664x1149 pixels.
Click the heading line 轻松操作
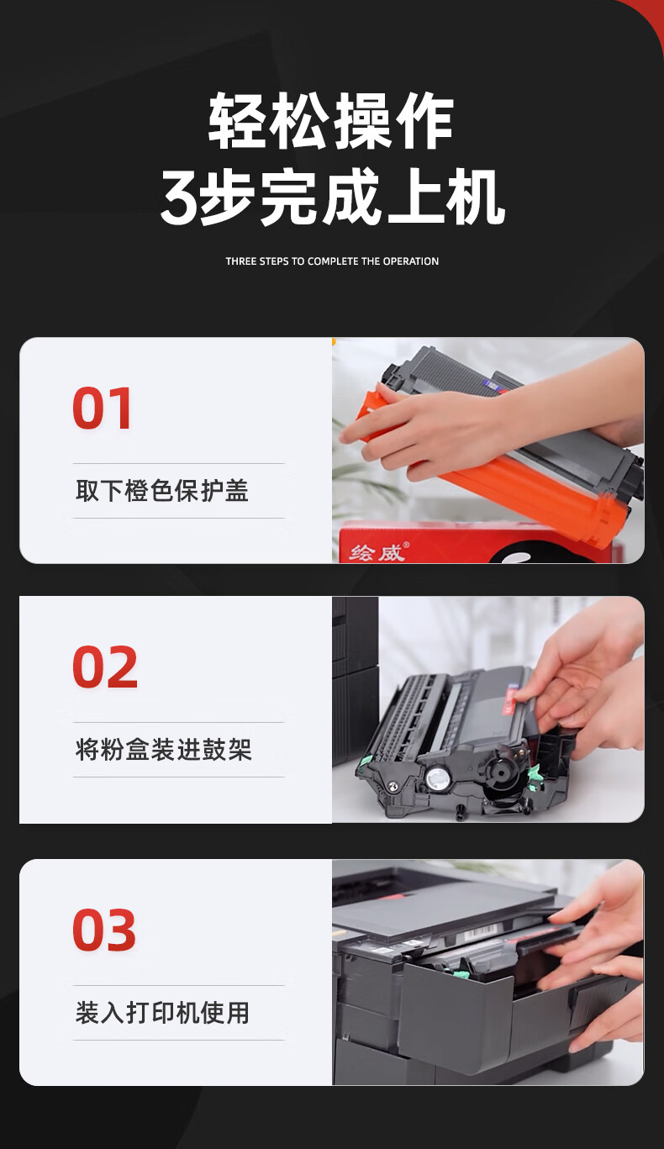[331, 121]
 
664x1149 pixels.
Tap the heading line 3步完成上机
[332, 198]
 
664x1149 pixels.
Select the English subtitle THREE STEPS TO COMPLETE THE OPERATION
[332, 261]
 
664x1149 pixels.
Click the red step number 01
[102, 408]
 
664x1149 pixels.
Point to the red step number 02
[105, 667]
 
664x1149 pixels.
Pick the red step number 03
[104, 930]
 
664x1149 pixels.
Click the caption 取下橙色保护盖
[162, 491]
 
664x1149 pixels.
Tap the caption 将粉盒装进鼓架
[164, 750]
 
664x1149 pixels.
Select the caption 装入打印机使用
[162, 1013]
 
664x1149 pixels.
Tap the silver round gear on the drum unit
[437, 778]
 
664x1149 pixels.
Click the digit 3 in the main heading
[178, 198]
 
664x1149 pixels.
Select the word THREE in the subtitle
[241, 261]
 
